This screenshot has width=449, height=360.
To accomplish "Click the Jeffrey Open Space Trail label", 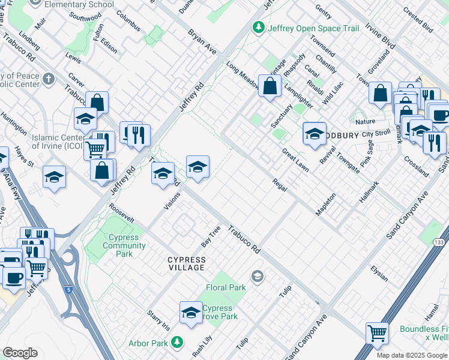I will (x=313, y=28).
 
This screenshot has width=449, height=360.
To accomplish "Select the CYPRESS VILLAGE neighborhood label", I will (x=186, y=263).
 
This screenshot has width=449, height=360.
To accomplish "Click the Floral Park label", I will (x=226, y=287).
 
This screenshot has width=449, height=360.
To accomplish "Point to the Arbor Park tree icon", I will (x=176, y=343).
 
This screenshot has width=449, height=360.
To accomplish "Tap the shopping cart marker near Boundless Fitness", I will (x=377, y=333).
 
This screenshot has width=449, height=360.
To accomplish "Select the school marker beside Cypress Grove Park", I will (x=191, y=312).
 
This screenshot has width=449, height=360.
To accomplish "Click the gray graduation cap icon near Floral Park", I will (x=258, y=276).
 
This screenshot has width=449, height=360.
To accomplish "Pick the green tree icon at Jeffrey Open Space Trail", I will (x=259, y=28).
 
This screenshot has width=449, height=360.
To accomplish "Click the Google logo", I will (x=20, y=353).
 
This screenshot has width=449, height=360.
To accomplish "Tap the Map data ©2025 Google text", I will (x=411, y=355).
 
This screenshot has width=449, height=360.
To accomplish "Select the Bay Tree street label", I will (x=211, y=237).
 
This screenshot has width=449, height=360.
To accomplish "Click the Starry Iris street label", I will (x=159, y=321).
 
